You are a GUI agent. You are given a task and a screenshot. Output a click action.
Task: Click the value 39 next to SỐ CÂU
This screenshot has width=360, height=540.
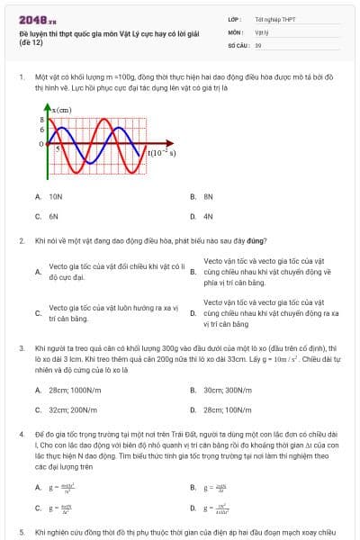click(x=258, y=44)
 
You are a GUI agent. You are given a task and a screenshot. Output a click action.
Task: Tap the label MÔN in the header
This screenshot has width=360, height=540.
click(x=234, y=31)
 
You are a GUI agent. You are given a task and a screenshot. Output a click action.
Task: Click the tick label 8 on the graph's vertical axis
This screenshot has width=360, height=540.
click(x=41, y=119)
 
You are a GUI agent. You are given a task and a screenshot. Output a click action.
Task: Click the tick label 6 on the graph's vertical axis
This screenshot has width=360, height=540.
click(x=41, y=130)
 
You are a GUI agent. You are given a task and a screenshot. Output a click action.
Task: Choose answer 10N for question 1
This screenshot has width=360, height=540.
click(x=56, y=195)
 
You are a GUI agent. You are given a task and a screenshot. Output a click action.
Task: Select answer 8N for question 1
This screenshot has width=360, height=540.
click(x=208, y=195)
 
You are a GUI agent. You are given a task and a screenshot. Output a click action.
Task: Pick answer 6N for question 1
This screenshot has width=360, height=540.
click(x=54, y=217)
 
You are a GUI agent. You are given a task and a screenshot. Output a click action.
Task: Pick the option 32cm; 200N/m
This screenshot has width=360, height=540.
click(x=67, y=384)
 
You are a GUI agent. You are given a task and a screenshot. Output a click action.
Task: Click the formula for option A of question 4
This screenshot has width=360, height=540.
click(x=61, y=487)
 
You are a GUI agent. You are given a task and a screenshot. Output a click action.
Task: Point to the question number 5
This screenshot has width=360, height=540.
click(x=21, y=533)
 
